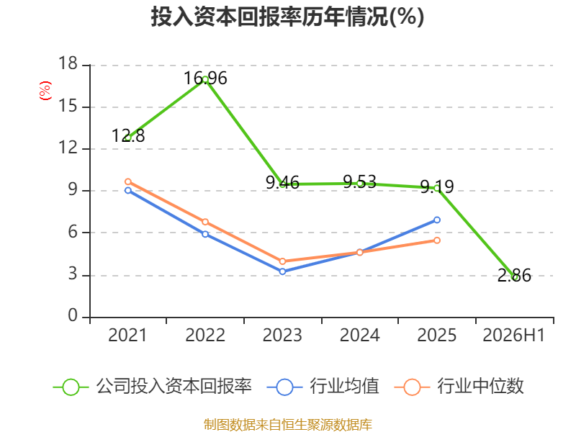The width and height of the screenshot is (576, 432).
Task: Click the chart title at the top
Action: pos(287,17)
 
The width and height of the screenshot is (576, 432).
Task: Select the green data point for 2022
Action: pos(205,79)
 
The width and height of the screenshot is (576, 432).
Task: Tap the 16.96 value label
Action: pos(205,78)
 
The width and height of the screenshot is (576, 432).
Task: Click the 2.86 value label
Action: pos(514,276)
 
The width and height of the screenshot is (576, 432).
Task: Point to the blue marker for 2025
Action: pos(437,220)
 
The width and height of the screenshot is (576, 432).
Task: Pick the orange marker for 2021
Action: pos(128,182)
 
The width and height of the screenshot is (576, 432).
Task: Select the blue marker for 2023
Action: pos(282,271)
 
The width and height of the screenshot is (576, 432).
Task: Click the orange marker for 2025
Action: pos(437,240)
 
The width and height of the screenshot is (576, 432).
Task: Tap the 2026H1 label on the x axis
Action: pos(514,335)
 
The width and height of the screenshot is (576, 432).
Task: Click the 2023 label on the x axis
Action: pos(282,335)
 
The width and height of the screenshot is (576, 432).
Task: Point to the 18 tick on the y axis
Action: pos(68,63)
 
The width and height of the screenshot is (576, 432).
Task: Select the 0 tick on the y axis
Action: pos(73,315)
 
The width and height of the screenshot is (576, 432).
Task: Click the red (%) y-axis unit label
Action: pos(45,91)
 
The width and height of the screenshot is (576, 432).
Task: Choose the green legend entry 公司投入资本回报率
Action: pos(152,387)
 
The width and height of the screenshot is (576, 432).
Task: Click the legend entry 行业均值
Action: pos(323,387)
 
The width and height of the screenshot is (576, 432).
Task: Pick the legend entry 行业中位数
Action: pos(459,387)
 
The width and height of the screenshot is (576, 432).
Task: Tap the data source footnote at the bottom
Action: pos(288,425)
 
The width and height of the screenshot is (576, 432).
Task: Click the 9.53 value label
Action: pos(359,182)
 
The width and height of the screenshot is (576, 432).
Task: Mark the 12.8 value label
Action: pos(128,136)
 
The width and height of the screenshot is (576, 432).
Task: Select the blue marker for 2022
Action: pos(205,234)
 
